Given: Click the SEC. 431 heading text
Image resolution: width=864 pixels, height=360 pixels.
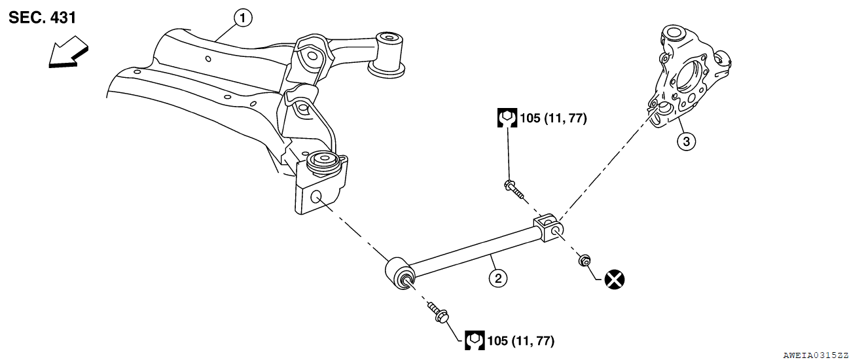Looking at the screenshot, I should click(43, 18).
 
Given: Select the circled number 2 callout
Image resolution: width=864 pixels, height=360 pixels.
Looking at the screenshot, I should click(497, 279).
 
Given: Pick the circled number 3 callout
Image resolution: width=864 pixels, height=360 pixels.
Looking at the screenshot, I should click(685, 141).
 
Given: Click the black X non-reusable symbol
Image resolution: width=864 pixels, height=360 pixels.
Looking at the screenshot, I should click(614, 279).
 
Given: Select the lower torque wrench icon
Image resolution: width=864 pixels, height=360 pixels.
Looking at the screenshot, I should click(475, 340).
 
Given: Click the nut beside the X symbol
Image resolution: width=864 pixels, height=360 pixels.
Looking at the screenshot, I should click(583, 262).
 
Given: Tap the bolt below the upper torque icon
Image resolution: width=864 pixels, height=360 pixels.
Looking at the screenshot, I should click(514, 189).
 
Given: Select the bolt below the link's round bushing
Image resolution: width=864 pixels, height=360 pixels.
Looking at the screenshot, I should click(437, 314).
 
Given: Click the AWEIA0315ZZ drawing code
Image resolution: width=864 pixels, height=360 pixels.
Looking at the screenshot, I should click(815, 354).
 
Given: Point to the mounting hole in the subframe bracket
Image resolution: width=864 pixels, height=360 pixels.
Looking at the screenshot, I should click(315, 196).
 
